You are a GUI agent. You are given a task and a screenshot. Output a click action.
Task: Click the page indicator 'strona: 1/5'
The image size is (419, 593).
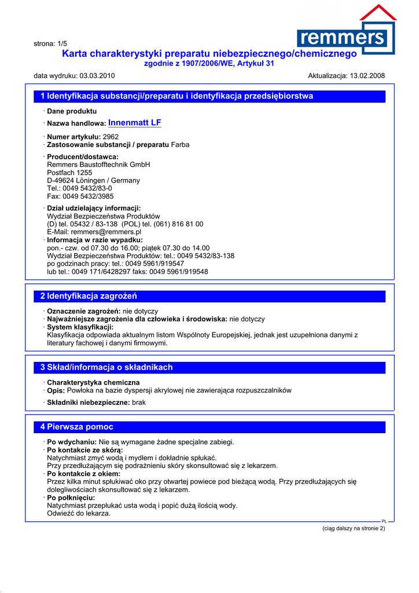[x=50, y=43]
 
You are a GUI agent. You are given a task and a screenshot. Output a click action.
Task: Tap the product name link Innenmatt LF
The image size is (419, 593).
[x=134, y=123]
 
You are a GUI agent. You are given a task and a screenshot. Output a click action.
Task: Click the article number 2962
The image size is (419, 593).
[x=111, y=137]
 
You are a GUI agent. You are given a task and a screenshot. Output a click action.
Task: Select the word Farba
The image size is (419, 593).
[x=180, y=144]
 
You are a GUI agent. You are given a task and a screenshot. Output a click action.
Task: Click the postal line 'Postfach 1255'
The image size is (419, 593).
[x=69, y=173]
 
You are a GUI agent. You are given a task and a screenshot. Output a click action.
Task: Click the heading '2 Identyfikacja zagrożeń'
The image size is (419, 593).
[x=89, y=296]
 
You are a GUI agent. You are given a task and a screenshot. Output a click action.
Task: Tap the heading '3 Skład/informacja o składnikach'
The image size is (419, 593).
[x=106, y=367]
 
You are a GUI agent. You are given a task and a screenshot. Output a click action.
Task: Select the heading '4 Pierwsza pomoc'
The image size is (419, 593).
[x=77, y=427]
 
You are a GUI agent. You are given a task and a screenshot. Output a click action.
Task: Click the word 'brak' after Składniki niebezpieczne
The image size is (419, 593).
[x=139, y=402]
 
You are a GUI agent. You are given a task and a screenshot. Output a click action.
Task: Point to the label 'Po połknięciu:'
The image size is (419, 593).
[x=71, y=497]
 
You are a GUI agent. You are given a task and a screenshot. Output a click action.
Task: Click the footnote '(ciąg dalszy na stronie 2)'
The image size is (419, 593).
[x=353, y=528]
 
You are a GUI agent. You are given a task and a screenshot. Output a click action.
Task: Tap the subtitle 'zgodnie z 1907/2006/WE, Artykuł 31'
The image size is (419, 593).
[x=209, y=64]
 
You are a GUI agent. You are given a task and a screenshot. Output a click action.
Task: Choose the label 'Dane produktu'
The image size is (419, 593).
[x=72, y=111]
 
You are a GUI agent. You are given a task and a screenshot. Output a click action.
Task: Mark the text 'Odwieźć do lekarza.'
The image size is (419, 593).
[x=79, y=513]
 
